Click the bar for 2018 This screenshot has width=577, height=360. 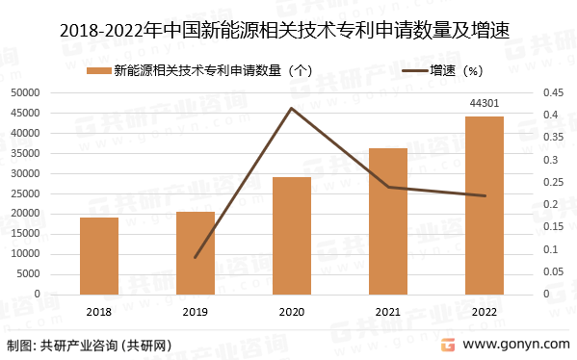coord(99,256)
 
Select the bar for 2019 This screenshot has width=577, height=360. coord(196,253)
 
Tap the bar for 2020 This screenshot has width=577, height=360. coord(292,236)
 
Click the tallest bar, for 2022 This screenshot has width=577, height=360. coord(485,205)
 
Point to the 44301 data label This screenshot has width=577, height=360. coord(485,103)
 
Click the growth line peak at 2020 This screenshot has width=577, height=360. coord(292,108)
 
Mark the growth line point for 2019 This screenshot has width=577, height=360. coord(196,258)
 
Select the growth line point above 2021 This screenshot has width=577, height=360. coord(388,187)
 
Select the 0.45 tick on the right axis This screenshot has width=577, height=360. coord(552,92)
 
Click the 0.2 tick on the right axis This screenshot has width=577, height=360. coord(548,205)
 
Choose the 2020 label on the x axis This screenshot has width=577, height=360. coord(292,312)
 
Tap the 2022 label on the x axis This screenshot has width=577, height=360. coord(485,312)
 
